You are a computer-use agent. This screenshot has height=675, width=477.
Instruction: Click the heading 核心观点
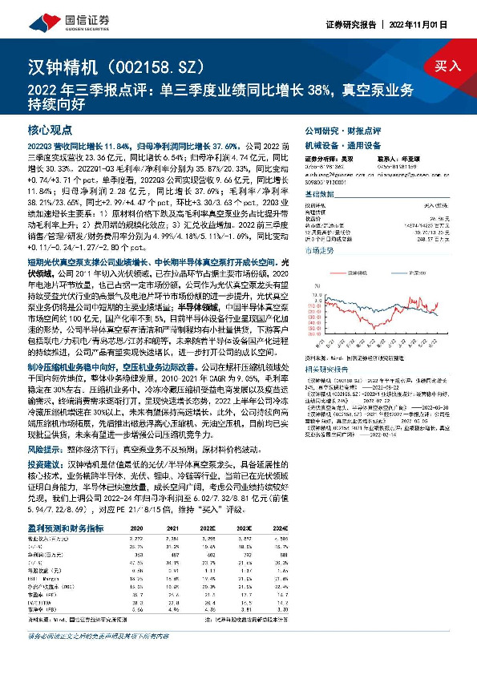[50, 130]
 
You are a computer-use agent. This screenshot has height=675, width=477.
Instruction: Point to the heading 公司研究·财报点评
[337, 130]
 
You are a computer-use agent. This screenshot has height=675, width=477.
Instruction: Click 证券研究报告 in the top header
[350, 23]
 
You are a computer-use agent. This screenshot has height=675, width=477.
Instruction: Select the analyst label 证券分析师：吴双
[322, 160]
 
